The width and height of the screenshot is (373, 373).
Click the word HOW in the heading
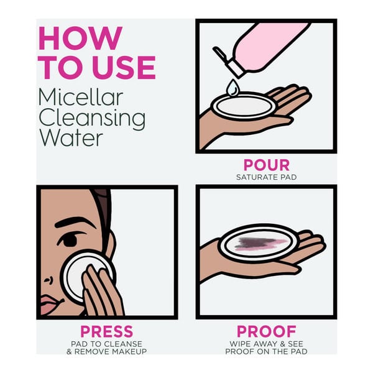pos(80,38)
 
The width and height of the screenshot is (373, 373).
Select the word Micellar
pos(81,97)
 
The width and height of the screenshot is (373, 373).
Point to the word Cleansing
pos(92,118)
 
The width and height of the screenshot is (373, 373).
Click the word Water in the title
pos(71,138)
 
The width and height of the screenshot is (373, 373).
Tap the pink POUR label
pos(267,165)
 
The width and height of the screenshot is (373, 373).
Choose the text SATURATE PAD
pos(267,177)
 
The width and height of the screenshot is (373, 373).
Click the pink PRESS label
pos(106,331)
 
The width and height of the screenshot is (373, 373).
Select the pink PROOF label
pos(267,331)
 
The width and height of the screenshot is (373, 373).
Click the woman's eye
pos(69,240)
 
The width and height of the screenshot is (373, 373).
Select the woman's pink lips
pos(50,305)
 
